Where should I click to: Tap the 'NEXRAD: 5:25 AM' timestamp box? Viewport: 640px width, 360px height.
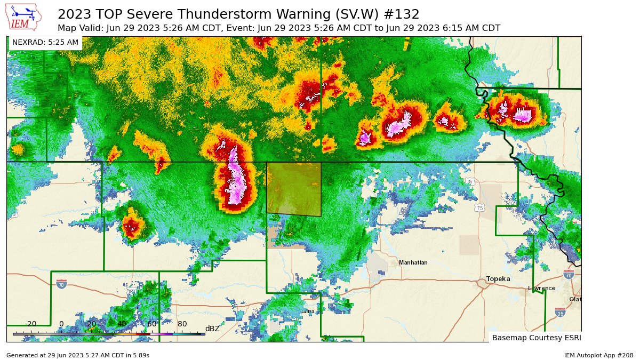coord(45,42)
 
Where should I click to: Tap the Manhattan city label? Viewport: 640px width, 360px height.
coord(413,263)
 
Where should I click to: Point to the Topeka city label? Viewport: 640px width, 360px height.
coord(498,279)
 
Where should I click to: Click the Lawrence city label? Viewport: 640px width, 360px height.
coord(541,288)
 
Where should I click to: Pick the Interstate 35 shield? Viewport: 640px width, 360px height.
coord(559,311)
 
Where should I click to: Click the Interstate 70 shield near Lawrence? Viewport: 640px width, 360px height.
coord(569,274)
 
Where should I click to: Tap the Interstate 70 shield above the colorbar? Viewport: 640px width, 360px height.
coord(62,285)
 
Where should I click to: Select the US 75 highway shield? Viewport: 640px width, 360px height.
coord(480,208)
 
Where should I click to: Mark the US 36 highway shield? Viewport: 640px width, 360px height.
coord(470,182)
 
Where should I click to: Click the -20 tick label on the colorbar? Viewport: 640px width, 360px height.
coord(31,324)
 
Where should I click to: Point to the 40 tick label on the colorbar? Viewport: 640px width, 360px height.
coord(122,324)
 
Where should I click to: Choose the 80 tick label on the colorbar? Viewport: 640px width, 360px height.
coord(182,324)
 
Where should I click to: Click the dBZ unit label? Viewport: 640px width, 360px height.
coord(212,329)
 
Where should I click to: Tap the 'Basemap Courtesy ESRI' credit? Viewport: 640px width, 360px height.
coord(536,338)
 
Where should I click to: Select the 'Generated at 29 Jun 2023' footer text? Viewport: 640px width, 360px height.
coord(78,355)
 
